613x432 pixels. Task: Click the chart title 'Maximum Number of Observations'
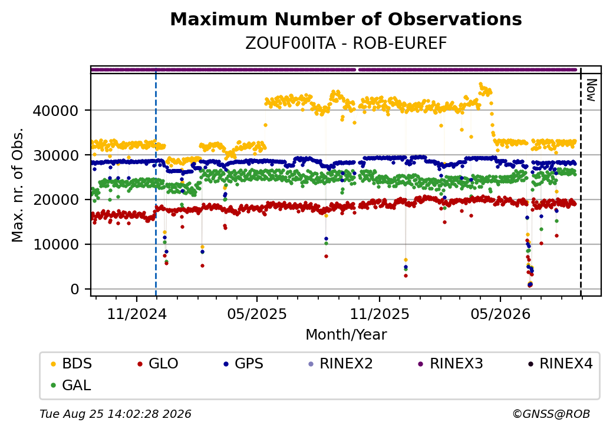coord(346,19)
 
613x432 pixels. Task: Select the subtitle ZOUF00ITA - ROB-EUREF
coord(346,44)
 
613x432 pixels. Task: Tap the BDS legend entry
coord(71,364)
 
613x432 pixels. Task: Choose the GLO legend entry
coord(158,364)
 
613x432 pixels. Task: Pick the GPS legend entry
coord(243,364)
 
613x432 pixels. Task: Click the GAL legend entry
coord(71,385)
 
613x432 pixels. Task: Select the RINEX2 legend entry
coord(341,364)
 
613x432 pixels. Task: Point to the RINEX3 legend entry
coord(451,364)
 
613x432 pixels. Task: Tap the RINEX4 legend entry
coord(560,364)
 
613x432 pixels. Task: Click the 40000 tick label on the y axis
coord(55,111)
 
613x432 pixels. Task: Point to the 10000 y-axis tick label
coord(55,245)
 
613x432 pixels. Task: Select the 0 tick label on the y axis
coord(75,289)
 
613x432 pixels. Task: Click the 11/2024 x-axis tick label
coord(137,314)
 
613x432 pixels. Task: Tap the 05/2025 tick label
coord(257,314)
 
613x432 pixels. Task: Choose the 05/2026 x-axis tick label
coord(500,314)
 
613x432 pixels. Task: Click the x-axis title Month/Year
coord(346,335)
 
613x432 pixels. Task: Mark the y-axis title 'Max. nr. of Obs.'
coord(18,185)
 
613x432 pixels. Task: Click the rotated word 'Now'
coord(592,90)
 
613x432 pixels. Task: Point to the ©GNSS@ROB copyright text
coord(551,414)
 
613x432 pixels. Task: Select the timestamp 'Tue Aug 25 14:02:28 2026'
coord(116,414)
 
